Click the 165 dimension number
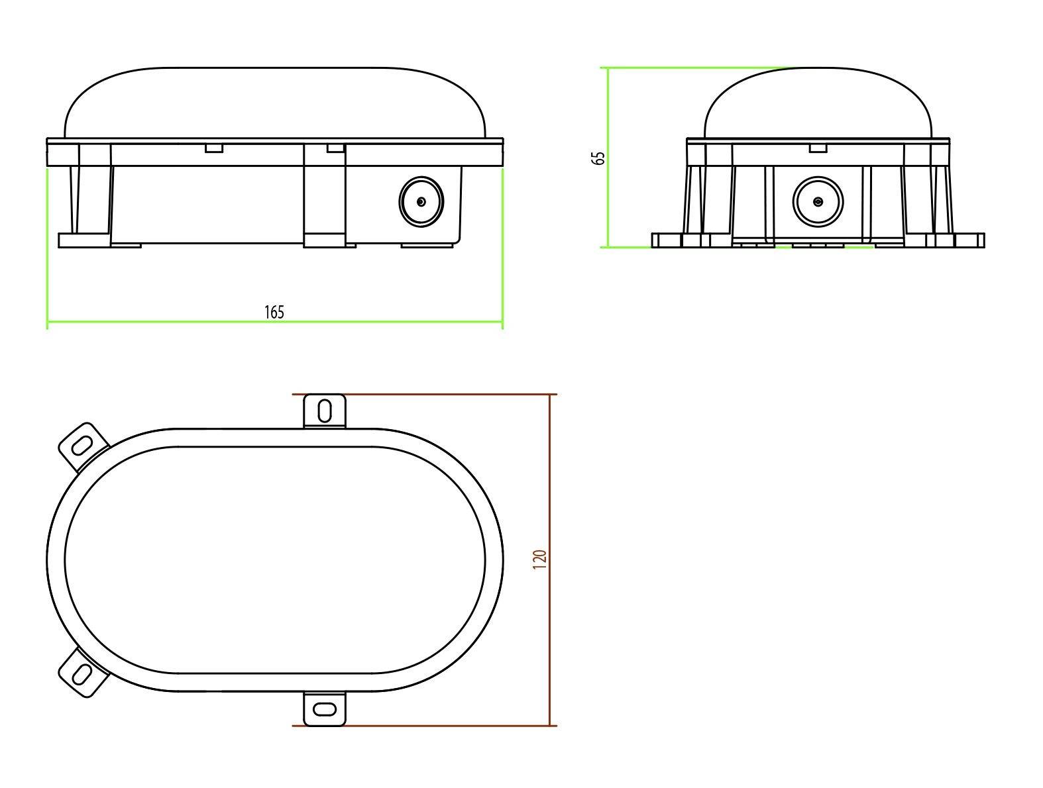(274, 313)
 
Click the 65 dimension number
(599, 158)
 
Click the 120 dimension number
(539, 560)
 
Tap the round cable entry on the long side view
(421, 202)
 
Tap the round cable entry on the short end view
(818, 202)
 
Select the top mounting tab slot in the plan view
(325, 411)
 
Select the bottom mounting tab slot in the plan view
(325, 709)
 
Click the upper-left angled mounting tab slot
(82, 446)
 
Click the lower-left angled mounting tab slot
(82, 674)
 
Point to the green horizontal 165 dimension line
(166, 322)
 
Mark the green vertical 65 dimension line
(608, 199)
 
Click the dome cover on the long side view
(275, 103)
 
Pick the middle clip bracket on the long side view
(324, 199)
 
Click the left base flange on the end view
(668, 240)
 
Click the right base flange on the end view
(969, 240)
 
